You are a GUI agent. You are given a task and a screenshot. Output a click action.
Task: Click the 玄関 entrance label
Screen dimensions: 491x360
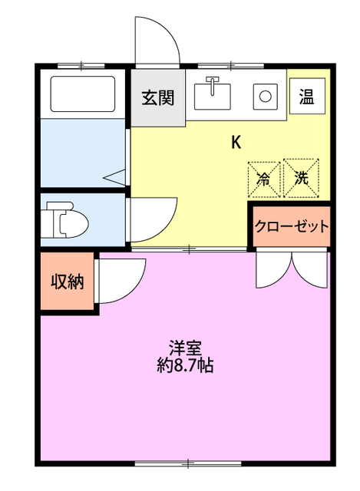[x=157, y=97]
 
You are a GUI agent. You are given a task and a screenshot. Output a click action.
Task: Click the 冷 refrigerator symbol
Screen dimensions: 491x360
[x=263, y=178]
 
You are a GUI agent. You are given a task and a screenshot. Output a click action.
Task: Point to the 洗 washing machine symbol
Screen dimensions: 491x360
[x=302, y=178]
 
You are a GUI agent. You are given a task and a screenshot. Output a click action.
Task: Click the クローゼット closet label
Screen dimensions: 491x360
[x=292, y=226]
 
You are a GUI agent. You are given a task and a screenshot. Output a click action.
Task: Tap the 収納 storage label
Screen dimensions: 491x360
[x=67, y=282]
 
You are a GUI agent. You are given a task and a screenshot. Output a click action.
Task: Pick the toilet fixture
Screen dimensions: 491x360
[x=65, y=222]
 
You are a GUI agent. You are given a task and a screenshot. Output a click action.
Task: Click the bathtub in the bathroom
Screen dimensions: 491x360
[x=82, y=94]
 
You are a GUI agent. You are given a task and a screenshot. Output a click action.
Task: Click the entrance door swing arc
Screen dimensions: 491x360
[x=157, y=42]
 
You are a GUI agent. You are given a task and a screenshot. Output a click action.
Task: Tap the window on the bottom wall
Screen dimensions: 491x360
[x=187, y=463]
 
